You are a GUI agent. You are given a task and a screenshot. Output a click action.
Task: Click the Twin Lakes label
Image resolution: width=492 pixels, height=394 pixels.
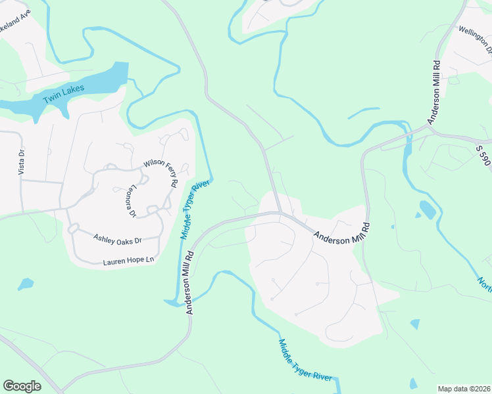(x=64, y=93)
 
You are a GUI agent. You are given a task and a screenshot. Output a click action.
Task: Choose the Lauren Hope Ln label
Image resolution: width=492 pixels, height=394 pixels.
(x=128, y=261)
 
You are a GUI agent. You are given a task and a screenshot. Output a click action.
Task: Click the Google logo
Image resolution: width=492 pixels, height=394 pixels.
(x=22, y=386)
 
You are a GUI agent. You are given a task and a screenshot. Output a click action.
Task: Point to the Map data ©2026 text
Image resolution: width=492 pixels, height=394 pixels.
(x=463, y=389)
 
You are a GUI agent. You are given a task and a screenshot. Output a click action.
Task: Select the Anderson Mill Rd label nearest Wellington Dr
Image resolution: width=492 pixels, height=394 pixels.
(x=434, y=92)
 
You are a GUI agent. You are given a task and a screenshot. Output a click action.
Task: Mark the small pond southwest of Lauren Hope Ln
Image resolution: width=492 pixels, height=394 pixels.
(x=26, y=284)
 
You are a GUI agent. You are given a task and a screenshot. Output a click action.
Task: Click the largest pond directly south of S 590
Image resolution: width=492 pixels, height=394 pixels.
(x=427, y=209)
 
